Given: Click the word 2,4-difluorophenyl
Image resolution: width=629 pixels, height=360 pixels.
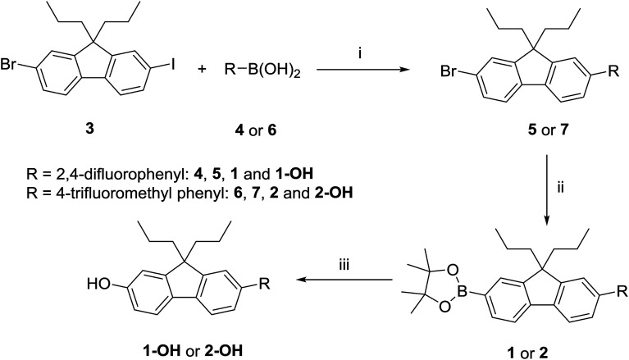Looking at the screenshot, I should pos(97,152).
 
